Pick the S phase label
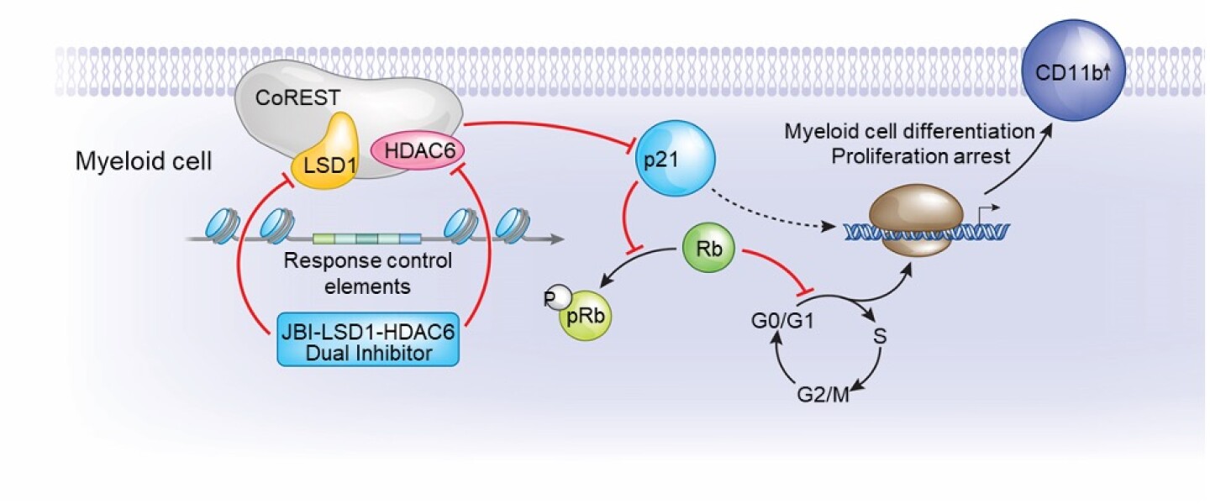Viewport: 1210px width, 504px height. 880,338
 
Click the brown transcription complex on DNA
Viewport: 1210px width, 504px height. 911,222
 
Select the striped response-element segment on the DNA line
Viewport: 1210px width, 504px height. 366,239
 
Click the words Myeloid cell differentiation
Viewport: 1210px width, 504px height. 909,132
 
